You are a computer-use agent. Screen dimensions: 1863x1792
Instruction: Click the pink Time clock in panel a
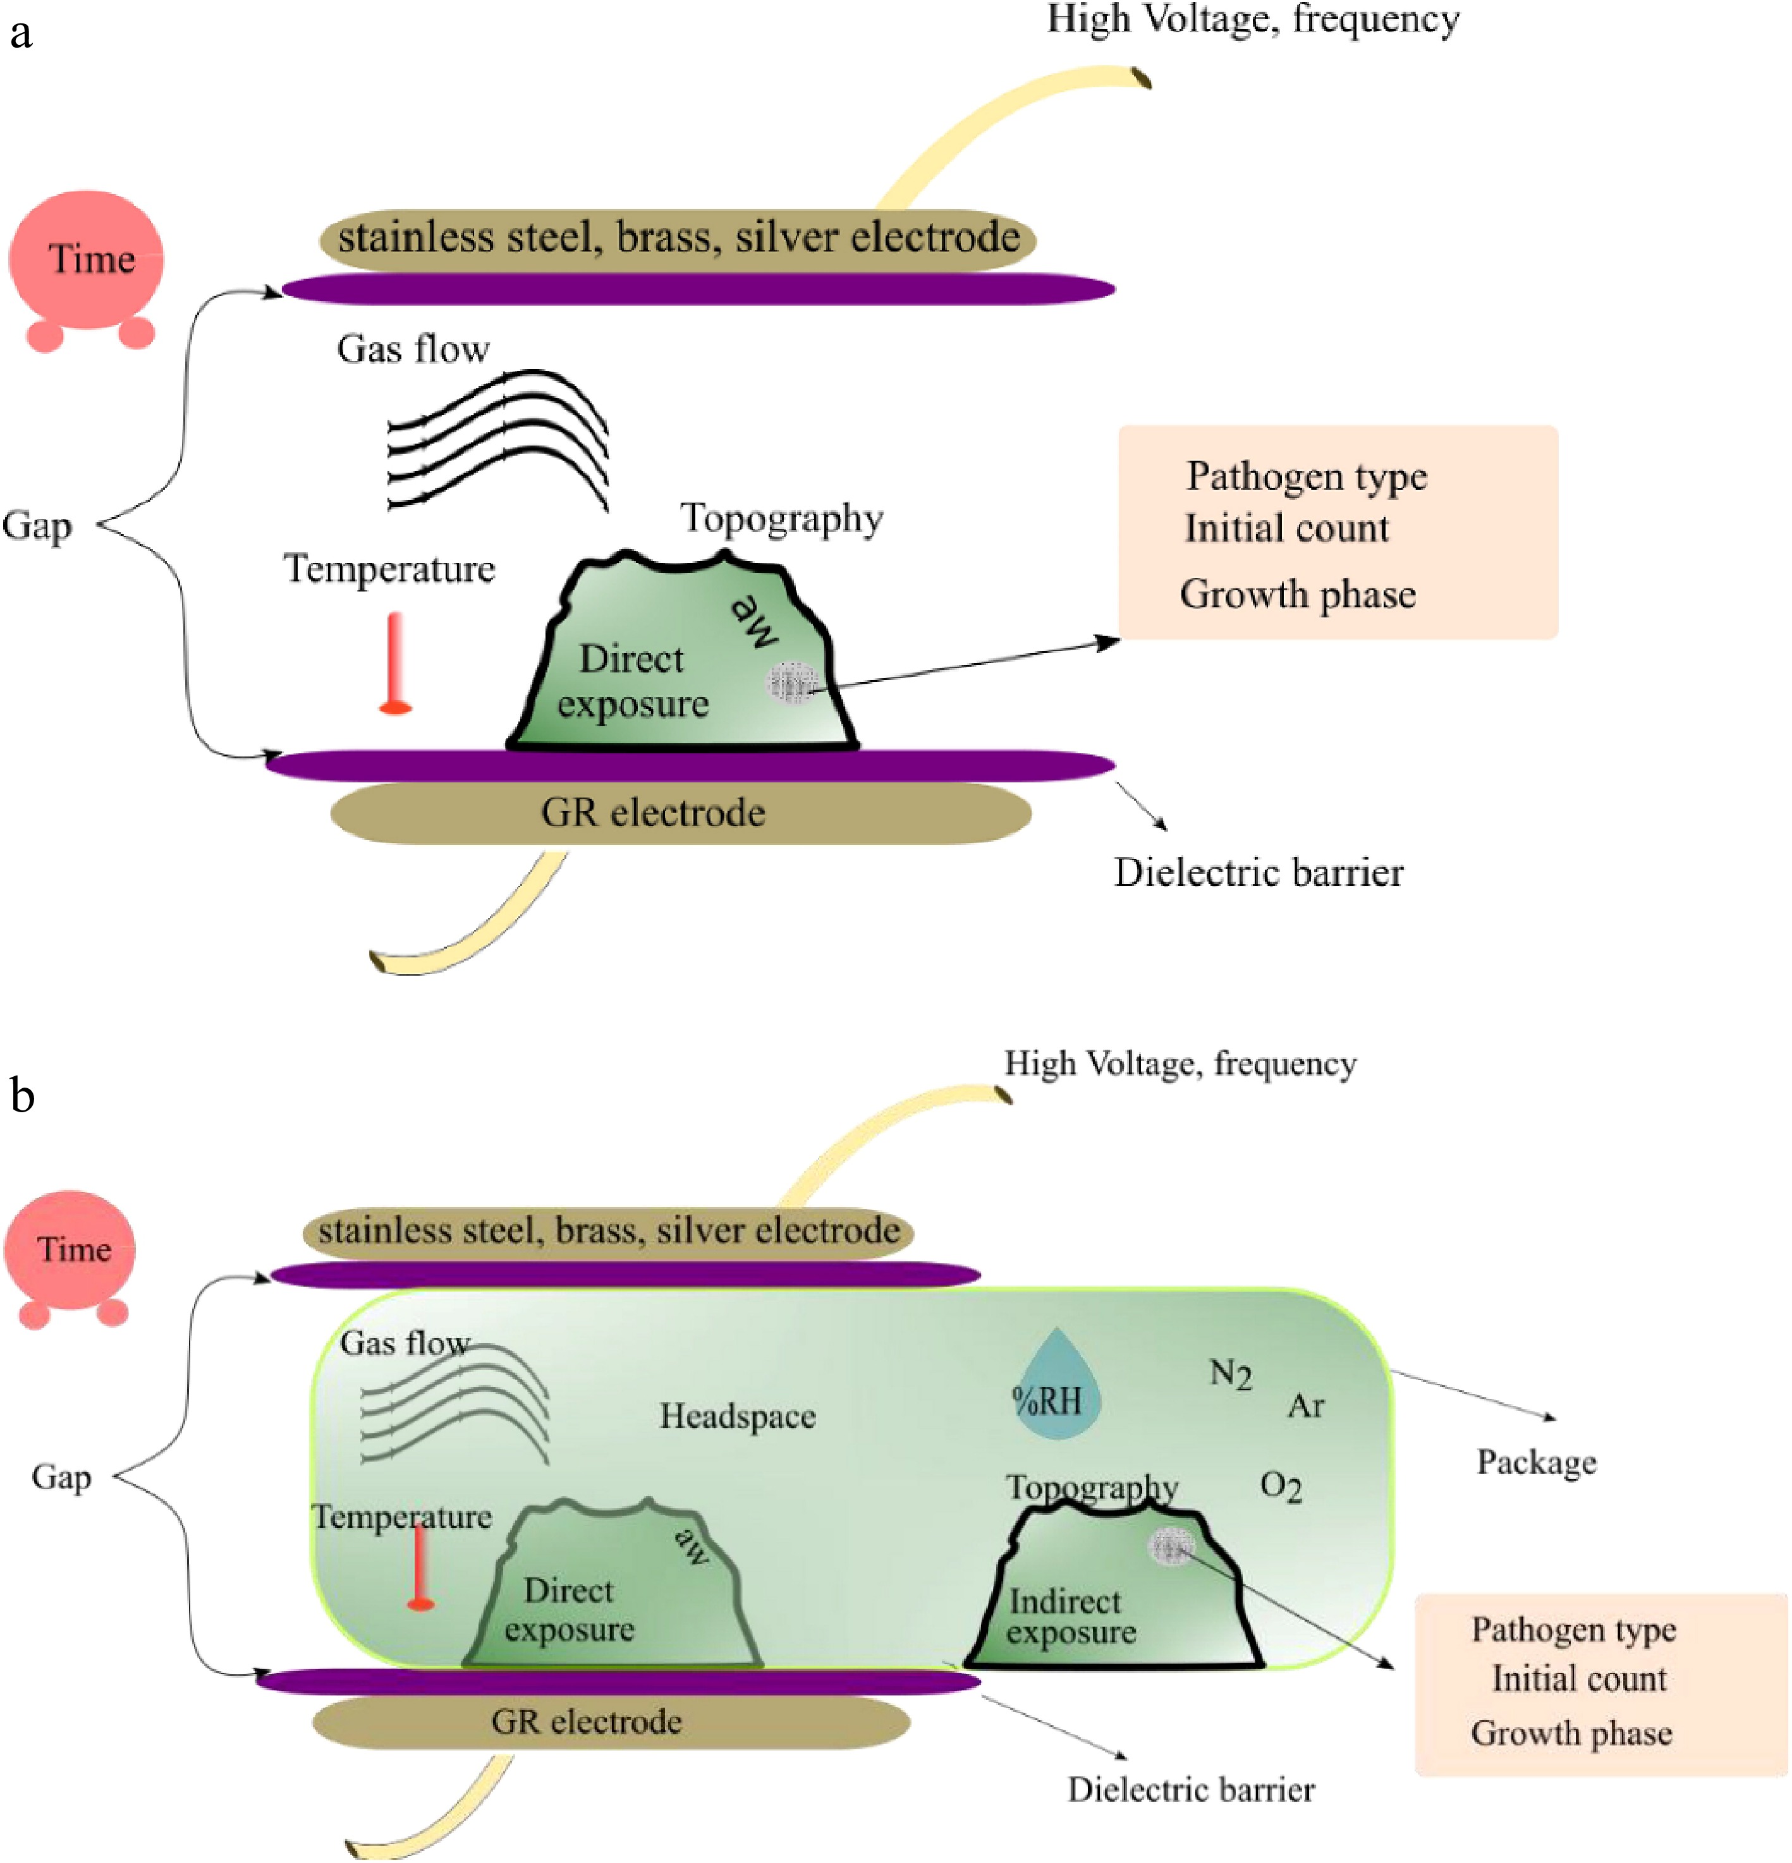(85, 262)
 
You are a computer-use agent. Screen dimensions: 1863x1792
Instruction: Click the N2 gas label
(1230, 1374)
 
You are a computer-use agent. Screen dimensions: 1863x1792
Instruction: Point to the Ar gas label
(1305, 1407)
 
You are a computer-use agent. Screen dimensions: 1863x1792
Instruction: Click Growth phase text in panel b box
(1571, 1733)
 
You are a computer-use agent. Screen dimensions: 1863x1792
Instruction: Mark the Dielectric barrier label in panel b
(1190, 1789)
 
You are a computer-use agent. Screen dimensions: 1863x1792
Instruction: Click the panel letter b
(23, 1096)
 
